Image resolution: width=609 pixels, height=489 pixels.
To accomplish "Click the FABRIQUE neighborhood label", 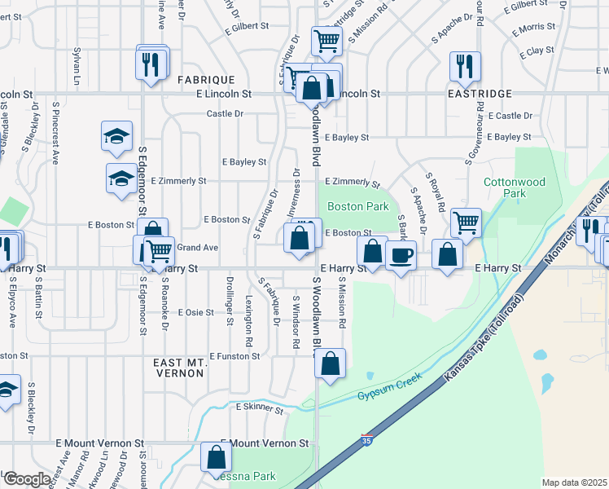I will point(207,80).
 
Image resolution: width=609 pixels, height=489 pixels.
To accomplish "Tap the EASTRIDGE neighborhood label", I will point(480,95).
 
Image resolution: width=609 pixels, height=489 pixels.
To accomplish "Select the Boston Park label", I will point(358,206).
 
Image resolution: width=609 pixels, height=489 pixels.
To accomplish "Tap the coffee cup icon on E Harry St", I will point(401,256).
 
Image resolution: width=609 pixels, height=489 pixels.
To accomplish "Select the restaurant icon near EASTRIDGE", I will point(465,66).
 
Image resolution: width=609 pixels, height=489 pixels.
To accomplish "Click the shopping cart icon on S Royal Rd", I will point(466,222).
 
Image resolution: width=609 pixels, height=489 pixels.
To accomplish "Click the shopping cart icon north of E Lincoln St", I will point(326,40).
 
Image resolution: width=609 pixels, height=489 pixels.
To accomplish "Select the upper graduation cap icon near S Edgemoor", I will point(116,135).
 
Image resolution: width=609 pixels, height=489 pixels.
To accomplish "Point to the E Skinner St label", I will point(260,407).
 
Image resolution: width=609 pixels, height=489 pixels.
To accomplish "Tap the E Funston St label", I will point(234,356).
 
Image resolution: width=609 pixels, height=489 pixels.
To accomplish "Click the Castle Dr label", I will point(225,113).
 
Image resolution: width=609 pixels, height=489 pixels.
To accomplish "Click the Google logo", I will point(26,480).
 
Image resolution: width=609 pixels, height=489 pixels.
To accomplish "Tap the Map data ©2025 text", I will point(575,482).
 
